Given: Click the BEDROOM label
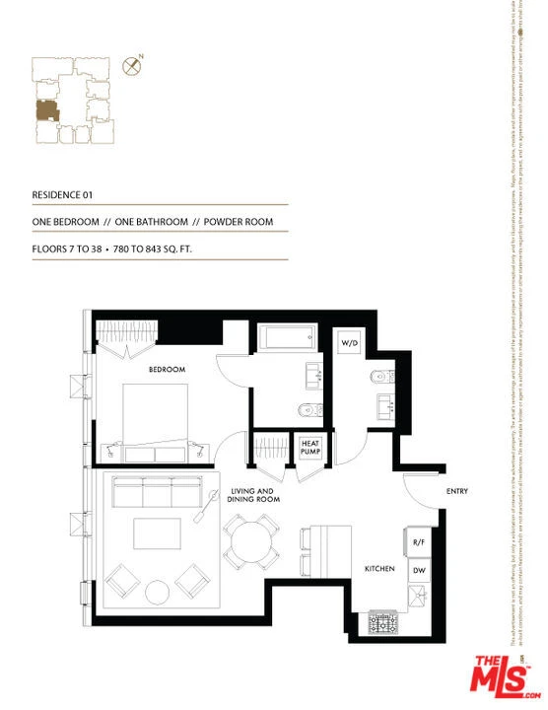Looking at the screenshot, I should (x=167, y=370).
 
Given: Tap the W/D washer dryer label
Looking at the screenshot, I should (x=350, y=343).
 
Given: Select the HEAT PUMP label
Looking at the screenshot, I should (x=310, y=448).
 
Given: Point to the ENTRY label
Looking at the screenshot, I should (x=457, y=491).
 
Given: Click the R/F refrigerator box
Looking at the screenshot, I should (x=417, y=542).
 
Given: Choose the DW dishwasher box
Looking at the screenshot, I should (x=417, y=570).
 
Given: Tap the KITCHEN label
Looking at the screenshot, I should (x=380, y=570).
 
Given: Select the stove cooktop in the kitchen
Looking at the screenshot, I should (x=383, y=623).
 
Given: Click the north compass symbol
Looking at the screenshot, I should (x=129, y=66).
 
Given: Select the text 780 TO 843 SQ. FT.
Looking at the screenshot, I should (x=149, y=249).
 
